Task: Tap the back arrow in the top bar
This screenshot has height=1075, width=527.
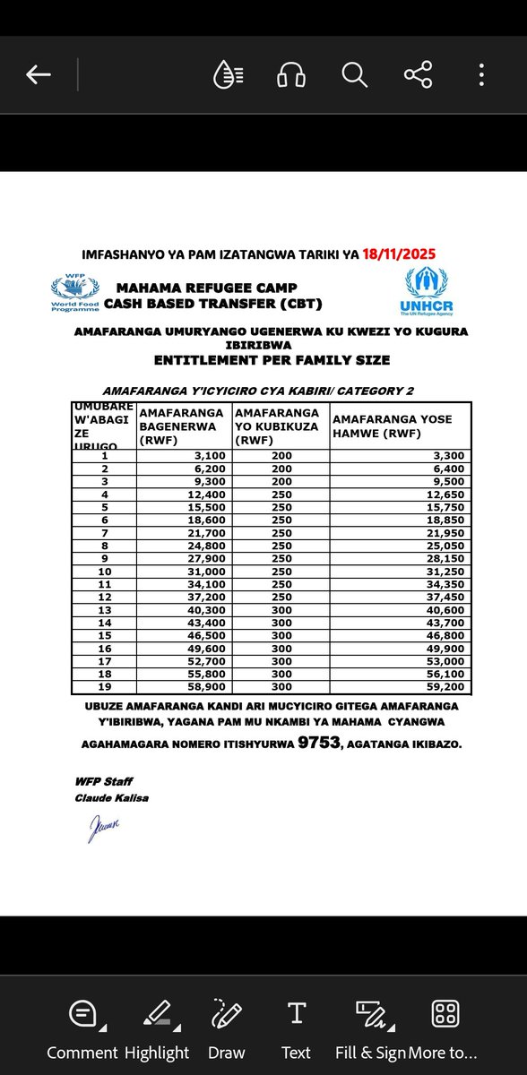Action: click(x=39, y=75)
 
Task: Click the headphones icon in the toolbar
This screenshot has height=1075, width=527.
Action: click(x=290, y=75)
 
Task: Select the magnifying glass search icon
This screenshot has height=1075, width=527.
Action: click(x=354, y=75)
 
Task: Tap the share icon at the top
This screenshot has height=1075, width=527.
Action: click(x=418, y=75)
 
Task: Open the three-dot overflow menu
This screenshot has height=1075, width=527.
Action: click(x=482, y=75)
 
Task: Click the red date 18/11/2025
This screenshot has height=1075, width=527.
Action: click(x=400, y=254)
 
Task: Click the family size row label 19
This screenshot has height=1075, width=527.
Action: click(x=104, y=688)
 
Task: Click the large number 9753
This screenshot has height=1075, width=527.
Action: click(x=316, y=742)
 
